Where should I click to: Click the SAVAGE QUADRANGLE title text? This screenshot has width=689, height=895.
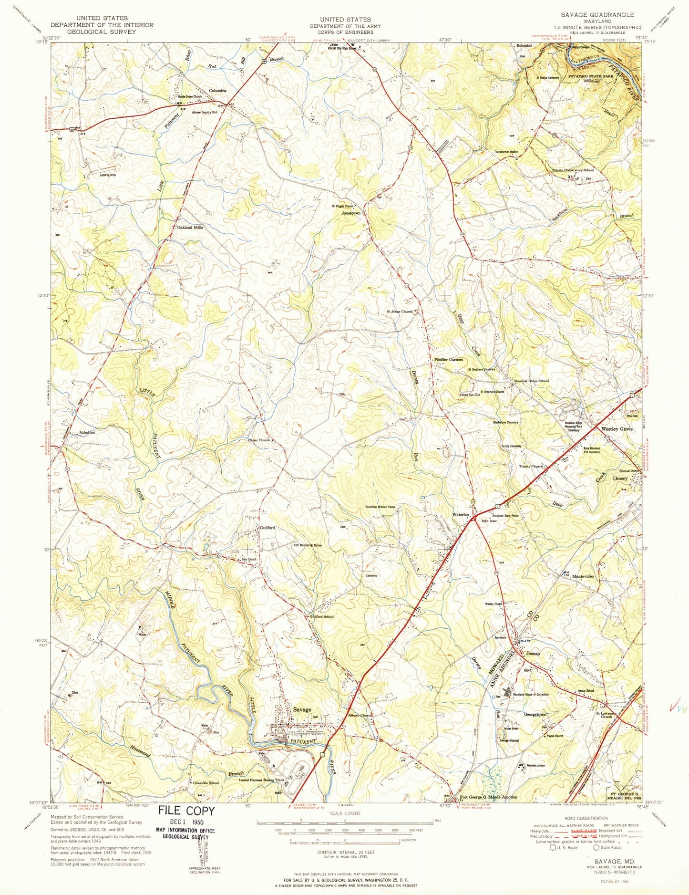coord(594,15)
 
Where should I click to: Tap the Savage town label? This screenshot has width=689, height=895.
coord(302,709)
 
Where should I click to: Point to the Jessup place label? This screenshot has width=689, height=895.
coord(533,653)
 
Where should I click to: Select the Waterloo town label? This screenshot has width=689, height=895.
coord(461,515)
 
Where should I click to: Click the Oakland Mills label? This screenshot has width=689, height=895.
coord(190,228)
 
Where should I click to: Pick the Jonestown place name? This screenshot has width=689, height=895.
coord(351,213)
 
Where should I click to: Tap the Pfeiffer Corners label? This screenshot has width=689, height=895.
coord(448,359)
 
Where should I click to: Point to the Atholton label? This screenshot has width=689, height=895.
coord(87,432)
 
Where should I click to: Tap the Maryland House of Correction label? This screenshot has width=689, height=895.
coord(530,695)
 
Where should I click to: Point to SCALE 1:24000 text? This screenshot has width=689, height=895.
coord(345,814)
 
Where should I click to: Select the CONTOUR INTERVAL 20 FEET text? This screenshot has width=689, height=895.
coord(344,852)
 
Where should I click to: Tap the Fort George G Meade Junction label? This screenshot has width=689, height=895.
coord(488,797)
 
